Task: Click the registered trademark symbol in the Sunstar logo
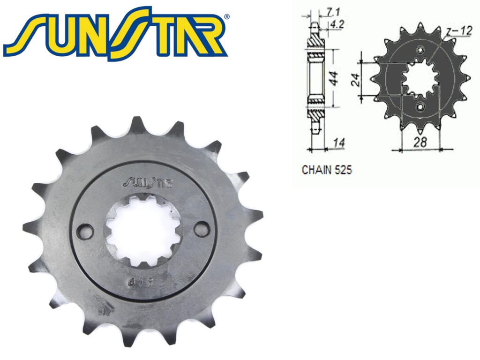pos(227,17)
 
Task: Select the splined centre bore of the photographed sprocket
pos(143,230)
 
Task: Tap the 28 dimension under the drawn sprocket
pos(420,142)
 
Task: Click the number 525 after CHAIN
pos(343,170)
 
